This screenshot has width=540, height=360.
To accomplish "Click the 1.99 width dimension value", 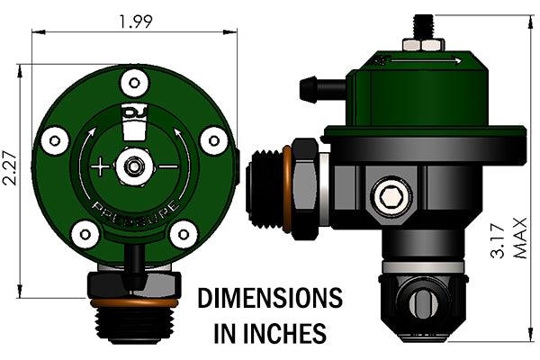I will (x=134, y=22).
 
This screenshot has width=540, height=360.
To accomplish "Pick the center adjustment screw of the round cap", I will (x=134, y=166).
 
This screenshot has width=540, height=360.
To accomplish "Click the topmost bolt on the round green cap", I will (x=134, y=83).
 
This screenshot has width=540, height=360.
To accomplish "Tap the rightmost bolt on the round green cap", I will (x=212, y=139).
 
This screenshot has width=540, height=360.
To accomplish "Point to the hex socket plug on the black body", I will (x=391, y=196).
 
